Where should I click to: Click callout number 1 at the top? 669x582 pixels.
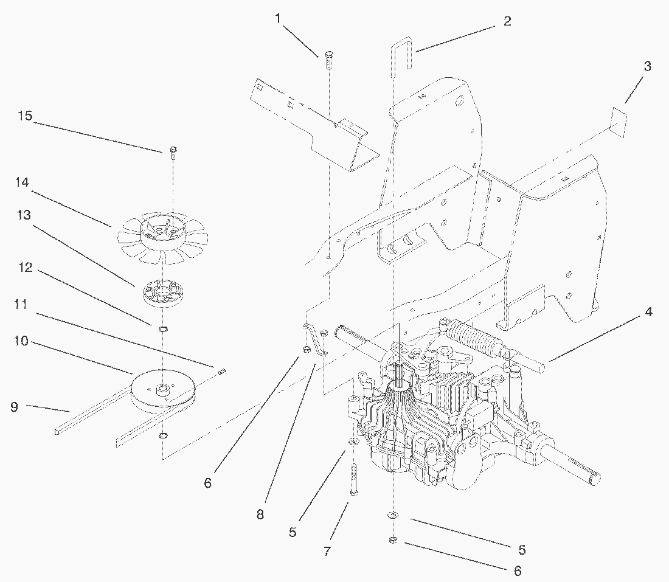pos(278,19)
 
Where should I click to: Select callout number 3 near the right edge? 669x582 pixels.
pos(647,66)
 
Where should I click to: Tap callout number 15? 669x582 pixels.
pos(25,116)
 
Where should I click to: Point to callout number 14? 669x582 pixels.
pos(23,182)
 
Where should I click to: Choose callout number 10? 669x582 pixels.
pos(21,341)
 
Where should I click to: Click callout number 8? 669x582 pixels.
pos(260,514)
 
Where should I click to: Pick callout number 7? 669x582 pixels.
pos(327,552)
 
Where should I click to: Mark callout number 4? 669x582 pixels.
pos(649,313)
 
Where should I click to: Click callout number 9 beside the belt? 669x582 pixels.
pos(14,407)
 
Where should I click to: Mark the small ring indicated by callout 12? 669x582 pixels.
pos(164,330)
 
